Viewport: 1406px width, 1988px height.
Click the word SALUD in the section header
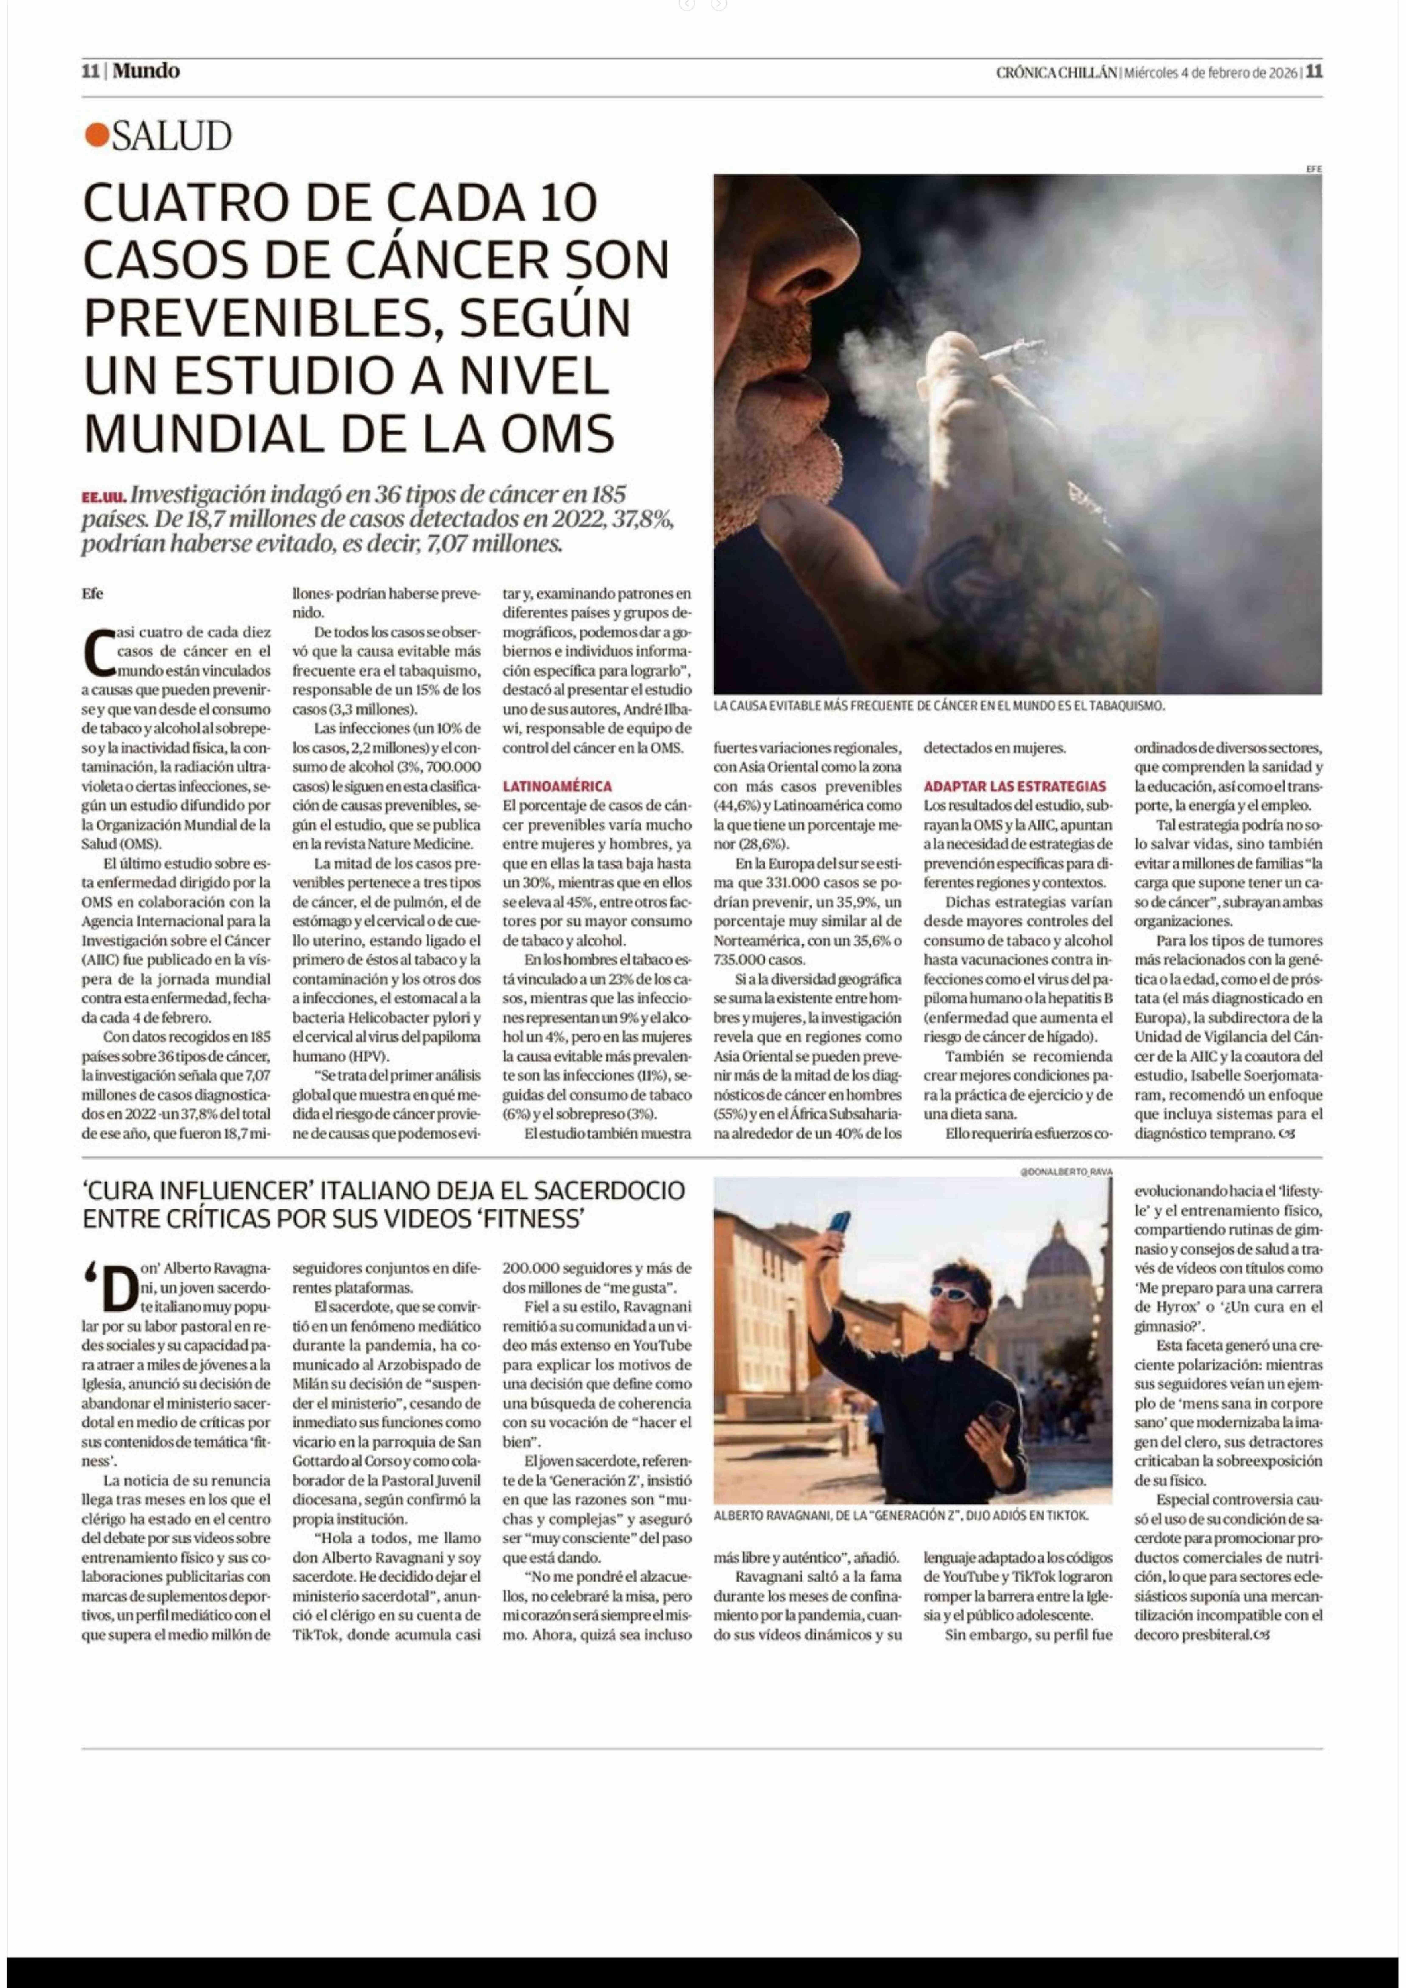(171, 136)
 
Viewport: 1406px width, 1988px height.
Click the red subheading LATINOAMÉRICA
(557, 786)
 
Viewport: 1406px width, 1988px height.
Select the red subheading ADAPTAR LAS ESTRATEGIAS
(1014, 786)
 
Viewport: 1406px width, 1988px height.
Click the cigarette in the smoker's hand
(1013, 351)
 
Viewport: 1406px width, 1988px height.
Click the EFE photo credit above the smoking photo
(1312, 169)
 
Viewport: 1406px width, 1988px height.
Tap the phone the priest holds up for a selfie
(838, 1222)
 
